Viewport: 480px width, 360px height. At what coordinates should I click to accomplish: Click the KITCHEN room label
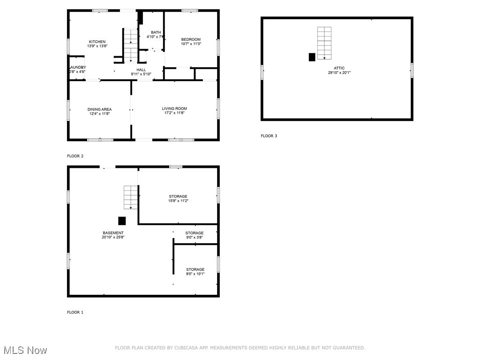[x=97, y=42]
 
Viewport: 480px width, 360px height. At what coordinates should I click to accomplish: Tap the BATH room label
[x=156, y=32]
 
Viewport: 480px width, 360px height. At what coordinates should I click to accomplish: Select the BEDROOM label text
[x=191, y=39]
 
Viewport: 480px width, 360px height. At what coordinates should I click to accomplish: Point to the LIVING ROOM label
[x=174, y=109]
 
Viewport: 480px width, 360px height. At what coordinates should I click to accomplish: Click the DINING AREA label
[x=99, y=109]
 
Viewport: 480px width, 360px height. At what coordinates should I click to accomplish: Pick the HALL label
[x=141, y=69]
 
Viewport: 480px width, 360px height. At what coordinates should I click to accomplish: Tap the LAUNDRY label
[x=78, y=67]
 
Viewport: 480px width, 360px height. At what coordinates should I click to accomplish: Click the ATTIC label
[x=339, y=68]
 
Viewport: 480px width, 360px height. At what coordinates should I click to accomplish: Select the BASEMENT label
[x=113, y=233]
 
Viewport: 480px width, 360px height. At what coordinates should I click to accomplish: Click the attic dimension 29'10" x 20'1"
[x=339, y=73]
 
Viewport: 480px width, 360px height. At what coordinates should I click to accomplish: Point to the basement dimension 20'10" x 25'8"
[x=113, y=237]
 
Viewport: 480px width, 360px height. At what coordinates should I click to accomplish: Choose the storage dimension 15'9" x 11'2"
[x=178, y=201]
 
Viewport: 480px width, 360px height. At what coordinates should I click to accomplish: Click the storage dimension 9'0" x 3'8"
[x=195, y=237]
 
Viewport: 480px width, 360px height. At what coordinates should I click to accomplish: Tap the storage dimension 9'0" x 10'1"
[x=195, y=274]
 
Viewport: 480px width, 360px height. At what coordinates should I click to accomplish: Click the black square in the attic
[x=312, y=57]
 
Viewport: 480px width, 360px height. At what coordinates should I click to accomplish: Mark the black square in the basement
[x=122, y=221]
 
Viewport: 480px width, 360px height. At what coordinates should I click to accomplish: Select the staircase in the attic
[x=324, y=43]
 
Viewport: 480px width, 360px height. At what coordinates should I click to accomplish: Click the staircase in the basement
[x=130, y=197]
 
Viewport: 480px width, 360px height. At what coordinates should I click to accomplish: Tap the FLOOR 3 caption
[x=269, y=136]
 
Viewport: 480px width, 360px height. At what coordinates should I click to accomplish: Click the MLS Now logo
[x=25, y=350]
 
